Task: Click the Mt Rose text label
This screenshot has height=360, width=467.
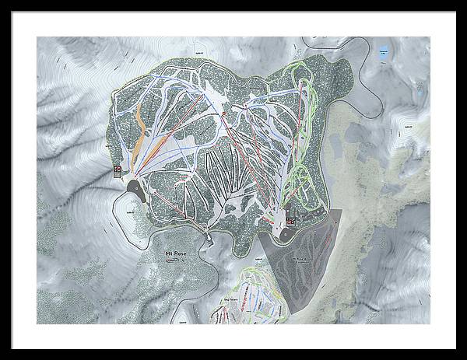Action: (x=175, y=253)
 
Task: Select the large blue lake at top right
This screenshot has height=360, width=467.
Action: (x=382, y=54)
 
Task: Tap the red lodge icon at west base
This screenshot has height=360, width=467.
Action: (x=118, y=168)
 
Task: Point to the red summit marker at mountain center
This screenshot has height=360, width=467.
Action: (x=223, y=114)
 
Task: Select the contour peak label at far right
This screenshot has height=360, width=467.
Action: (x=406, y=124)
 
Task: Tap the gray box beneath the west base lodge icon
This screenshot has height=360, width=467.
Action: (x=118, y=175)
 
